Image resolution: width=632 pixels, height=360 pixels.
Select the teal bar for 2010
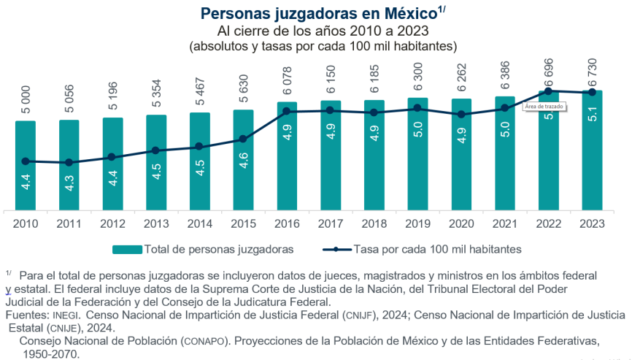(x=26, y=164)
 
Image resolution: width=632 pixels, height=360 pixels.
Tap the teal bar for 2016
(x=287, y=157)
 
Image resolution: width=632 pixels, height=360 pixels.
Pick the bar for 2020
(x=460, y=157)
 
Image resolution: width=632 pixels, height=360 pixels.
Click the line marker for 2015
(x=243, y=139)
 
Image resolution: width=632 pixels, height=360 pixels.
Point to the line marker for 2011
(x=69, y=163)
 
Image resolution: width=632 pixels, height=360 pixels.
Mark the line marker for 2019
(x=417, y=108)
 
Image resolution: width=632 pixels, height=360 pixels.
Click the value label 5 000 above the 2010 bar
(x=26, y=100)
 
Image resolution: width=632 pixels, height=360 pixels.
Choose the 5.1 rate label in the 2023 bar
(x=593, y=115)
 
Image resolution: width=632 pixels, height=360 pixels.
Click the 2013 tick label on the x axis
(x=156, y=223)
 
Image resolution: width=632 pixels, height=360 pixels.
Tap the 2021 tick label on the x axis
(x=504, y=223)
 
